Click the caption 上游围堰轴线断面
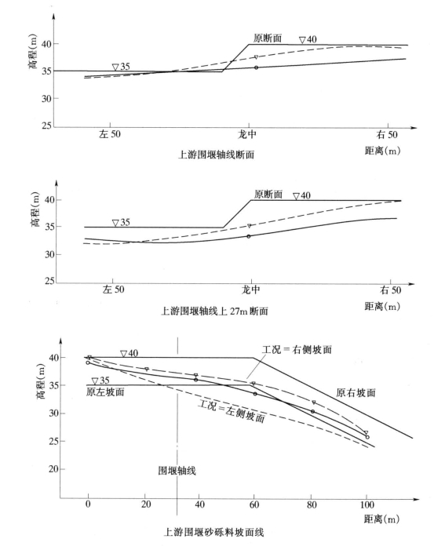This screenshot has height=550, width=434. tap(216, 155)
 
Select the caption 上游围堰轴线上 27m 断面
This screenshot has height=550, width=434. tap(214, 311)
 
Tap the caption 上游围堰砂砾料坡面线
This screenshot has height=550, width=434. tap(213, 532)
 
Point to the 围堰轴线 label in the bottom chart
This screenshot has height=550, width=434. tap(177, 471)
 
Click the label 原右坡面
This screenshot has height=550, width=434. tap(356, 392)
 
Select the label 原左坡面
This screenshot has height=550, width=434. tap(105, 392)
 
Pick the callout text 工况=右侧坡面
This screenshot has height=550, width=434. tap(297, 349)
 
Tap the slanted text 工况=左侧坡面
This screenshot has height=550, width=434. tap(232, 410)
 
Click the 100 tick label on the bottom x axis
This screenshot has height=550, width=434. tap(367, 504)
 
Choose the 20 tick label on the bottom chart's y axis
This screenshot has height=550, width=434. tap(53, 469)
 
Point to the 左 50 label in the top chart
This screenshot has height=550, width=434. tap(109, 134)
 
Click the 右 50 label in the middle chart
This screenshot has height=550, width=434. tap(391, 290)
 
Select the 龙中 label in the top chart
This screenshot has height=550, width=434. tap(247, 134)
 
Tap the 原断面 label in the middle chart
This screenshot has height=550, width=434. tap(268, 194)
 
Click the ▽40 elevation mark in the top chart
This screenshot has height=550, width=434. tap(308, 39)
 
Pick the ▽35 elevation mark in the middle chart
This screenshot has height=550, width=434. tap(121, 222)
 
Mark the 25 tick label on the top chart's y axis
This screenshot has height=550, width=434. tap(46, 126)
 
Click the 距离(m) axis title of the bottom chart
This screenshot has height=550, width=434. tap(381, 519)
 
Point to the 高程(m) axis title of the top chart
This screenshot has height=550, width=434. tap(33, 51)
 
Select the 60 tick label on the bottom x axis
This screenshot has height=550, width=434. tap(254, 504)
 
